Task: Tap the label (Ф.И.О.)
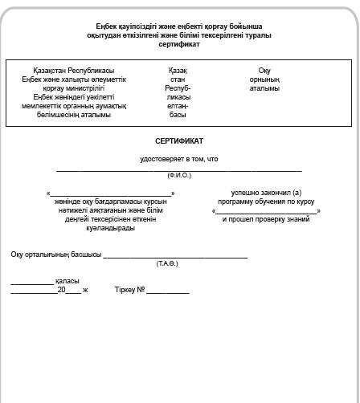(178, 174)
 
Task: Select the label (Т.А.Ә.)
(167, 263)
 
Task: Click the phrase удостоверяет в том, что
(178, 159)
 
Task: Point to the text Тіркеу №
(129, 289)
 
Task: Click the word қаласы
(67, 281)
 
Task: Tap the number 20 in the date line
(61, 289)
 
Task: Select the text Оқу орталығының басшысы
(55, 254)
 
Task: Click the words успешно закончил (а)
(265, 193)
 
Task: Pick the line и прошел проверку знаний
(265, 219)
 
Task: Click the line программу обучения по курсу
(265, 202)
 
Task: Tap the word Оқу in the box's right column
(264, 71)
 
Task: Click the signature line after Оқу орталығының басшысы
(175, 257)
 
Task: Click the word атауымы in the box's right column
(264, 88)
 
